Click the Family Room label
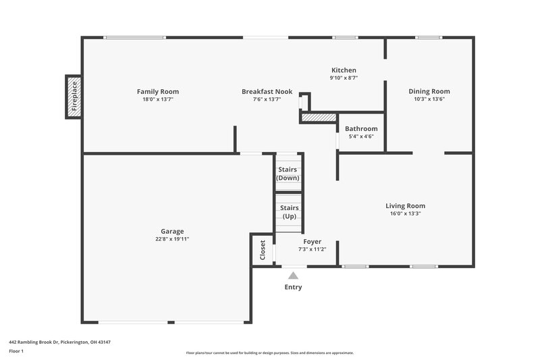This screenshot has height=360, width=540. coord(157,91)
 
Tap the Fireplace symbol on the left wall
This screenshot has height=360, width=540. coord(74,97)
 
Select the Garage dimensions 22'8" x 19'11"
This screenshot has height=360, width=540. coord(171,238)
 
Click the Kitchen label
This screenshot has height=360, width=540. coord(344,70)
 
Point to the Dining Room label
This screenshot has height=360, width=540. coord(429,91)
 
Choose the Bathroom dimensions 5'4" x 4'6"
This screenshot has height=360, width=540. coord(361,136)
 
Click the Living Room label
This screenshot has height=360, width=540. coord(405,206)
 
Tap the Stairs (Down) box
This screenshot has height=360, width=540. coord(288,174)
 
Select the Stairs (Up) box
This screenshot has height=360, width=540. coord(289,212)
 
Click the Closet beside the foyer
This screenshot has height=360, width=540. coord(263,250)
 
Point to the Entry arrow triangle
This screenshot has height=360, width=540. coord(292,275)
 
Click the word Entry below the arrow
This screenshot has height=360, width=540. coord(293,287)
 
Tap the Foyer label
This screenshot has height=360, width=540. coord(312,241)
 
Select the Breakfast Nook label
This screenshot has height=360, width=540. coord(267,91)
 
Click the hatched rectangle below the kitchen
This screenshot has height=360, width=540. coord(318,118)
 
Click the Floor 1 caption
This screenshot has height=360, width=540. coord(17,351)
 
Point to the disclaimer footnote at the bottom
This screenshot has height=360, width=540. coord(269,353)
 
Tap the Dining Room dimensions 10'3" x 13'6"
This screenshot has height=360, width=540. coord(429,99)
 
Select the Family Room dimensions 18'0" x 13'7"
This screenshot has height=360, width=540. coord(157,99)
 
